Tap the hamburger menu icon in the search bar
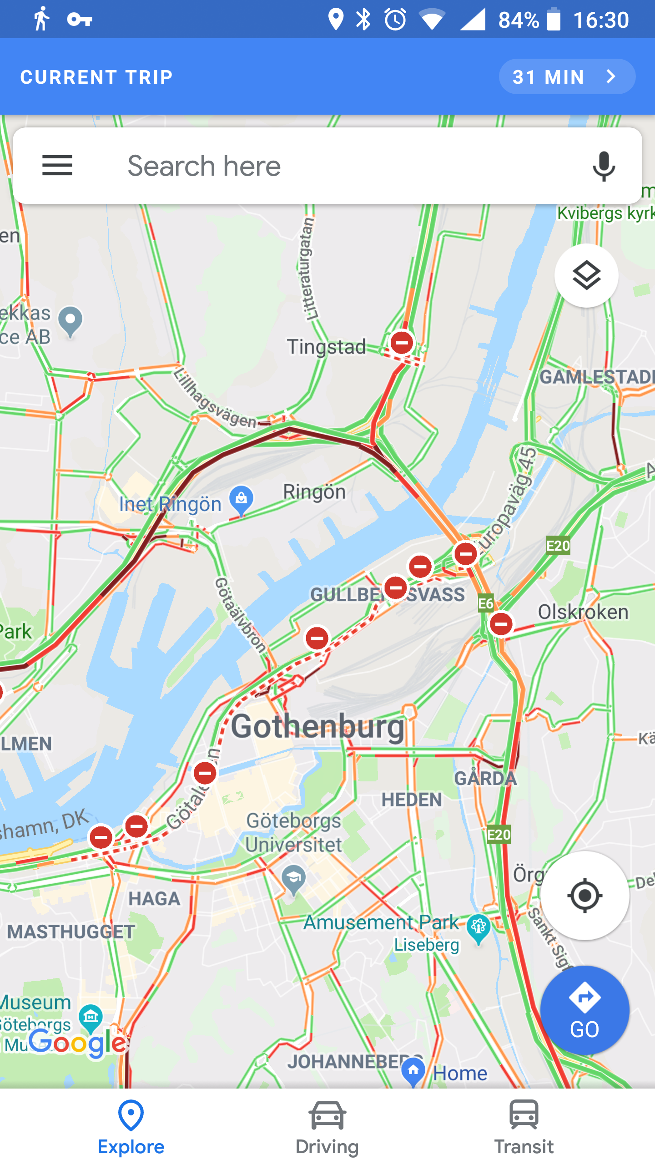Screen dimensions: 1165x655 coord(57,165)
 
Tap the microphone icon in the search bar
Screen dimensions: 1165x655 coord(604,166)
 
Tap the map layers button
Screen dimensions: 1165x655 coord(586,275)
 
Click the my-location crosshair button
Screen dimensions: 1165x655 coord(585,896)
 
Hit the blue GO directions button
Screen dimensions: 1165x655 coord(585,1009)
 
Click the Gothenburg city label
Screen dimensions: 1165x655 coord(317,727)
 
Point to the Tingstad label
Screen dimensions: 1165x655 coord(326,347)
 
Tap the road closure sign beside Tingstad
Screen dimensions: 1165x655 coord(402,343)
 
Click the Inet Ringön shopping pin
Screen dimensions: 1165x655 coord(242,500)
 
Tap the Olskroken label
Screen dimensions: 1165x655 coord(583,612)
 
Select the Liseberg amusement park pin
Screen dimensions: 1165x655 coord(479,927)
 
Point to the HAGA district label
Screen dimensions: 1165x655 coord(154,899)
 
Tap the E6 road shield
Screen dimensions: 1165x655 coord(486,603)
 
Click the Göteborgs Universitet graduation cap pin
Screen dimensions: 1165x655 coord(293,878)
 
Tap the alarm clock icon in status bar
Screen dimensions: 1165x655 coord(395,20)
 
